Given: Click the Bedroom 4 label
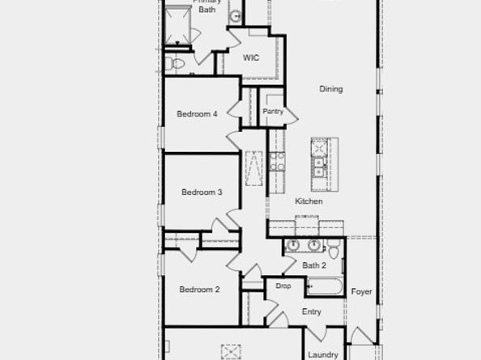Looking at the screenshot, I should tap(197, 114).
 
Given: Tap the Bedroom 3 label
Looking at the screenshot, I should tap(202, 193).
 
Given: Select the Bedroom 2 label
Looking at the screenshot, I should tap(199, 290).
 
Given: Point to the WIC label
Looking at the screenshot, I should tap(252, 57).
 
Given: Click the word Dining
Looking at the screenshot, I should tap(330, 89).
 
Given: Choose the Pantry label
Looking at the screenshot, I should tap(273, 112).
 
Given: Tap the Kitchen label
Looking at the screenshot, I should tap(309, 201).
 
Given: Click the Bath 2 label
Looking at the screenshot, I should tap(314, 265).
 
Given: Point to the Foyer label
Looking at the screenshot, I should tap(362, 291).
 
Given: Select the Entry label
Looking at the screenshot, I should tap(312, 312).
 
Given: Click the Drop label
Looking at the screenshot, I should tap(283, 286).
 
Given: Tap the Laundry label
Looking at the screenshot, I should tap(322, 354).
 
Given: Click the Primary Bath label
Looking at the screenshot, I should tap(207, 6).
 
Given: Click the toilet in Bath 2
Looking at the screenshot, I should tap(333, 246).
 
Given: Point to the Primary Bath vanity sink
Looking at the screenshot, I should tap(235, 15).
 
